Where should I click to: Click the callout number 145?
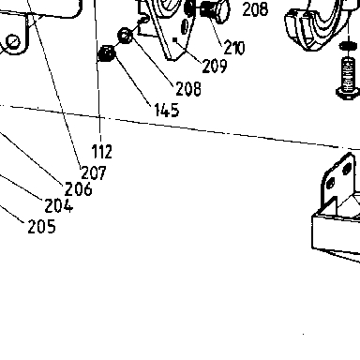(167, 111)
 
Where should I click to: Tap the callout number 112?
(102, 152)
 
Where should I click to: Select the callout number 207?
(94, 172)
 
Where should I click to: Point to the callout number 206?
(79, 189)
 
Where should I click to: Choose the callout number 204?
(59, 205)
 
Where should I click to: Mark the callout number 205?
(41, 227)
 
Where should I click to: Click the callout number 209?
(215, 67)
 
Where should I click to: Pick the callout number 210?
(234, 48)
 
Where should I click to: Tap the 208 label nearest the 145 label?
(188, 89)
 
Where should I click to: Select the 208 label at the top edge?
(255, 9)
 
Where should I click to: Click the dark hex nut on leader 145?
(107, 53)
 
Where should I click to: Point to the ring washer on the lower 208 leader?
(125, 36)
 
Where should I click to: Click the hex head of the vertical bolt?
(348, 93)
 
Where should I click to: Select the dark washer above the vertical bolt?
(348, 46)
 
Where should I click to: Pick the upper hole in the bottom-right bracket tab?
(347, 170)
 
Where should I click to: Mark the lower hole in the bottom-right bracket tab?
(331, 184)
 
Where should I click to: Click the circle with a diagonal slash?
(12, 42)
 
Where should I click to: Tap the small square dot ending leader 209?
(175, 39)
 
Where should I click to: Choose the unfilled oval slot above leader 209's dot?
(185, 26)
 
